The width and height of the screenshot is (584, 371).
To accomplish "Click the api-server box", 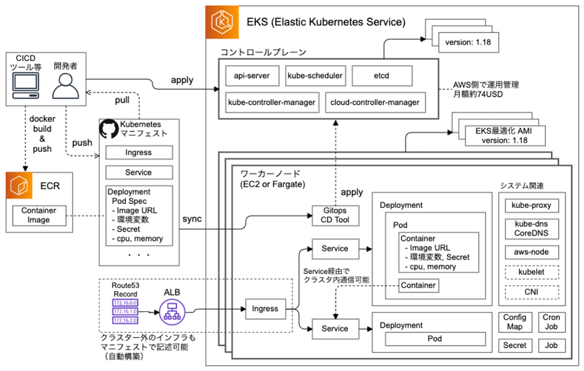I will pyautogui.click(x=251, y=76).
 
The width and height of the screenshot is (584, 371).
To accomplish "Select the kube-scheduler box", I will pyautogui.click(x=315, y=76).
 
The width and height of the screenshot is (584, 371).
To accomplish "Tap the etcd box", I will pyautogui.click(x=381, y=76).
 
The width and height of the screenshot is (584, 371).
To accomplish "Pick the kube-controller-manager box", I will pyautogui.click(x=272, y=102).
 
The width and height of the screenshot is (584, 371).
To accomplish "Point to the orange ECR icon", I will pyautogui.click(x=22, y=185).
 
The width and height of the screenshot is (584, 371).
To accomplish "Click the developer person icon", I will pyautogui.click(x=65, y=86).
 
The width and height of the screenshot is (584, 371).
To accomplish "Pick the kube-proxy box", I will pyautogui.click(x=531, y=206).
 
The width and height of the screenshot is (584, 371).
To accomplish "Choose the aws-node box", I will pyautogui.click(x=531, y=252).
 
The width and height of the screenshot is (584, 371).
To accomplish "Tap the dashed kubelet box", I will pyautogui.click(x=531, y=273).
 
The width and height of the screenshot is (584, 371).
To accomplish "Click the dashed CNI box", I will pyautogui.click(x=531, y=293).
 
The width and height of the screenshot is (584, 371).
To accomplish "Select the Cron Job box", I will pyautogui.click(x=551, y=322).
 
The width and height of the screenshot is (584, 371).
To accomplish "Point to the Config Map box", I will pyautogui.click(x=515, y=322).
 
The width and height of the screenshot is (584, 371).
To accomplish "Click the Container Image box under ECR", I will pyautogui.click(x=39, y=215).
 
